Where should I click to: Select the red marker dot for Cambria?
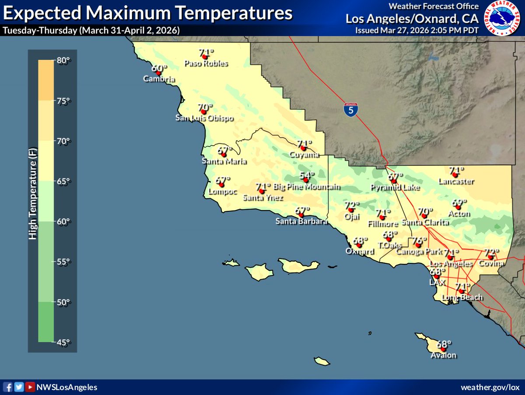tap(158, 73)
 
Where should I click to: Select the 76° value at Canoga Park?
tap(419, 241)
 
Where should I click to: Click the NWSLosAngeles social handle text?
tap(67, 388)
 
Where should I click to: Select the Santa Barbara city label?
tap(301, 221)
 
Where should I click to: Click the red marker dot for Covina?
tap(490, 257)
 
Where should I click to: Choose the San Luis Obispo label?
tap(204, 118)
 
